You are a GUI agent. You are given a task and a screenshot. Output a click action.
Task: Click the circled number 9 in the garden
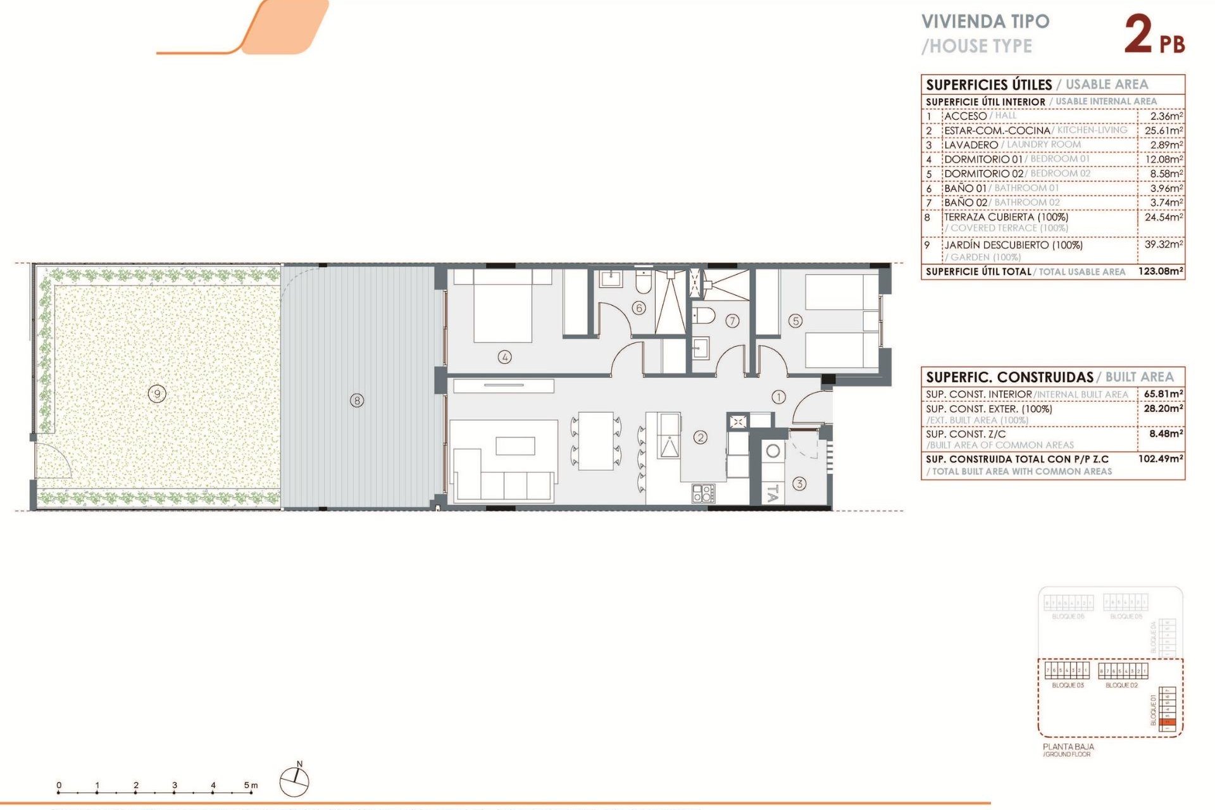(157, 394)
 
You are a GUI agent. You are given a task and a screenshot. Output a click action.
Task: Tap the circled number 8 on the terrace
(357, 401)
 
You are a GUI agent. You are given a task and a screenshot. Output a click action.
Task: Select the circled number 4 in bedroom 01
(504, 357)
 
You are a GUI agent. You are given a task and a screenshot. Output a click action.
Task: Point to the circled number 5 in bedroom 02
(795, 321)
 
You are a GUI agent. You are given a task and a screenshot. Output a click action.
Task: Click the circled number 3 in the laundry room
(799, 483)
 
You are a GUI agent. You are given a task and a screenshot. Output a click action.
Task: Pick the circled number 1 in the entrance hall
(778, 397)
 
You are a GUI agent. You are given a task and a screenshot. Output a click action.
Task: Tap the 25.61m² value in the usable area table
(1163, 130)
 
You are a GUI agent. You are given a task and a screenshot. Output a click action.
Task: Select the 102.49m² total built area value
(1160, 458)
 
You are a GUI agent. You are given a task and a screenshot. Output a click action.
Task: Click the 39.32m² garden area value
(1163, 244)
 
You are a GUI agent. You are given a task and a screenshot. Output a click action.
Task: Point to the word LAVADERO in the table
(971, 145)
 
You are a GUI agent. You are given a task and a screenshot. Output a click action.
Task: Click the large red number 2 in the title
(1138, 35)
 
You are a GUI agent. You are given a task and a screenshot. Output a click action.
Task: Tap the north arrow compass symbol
(295, 780)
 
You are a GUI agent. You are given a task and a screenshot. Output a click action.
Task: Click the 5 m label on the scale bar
(251, 785)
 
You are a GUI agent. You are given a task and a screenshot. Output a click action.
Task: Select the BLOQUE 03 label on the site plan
(1068, 685)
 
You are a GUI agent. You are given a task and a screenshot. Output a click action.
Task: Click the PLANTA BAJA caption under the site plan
(1068, 747)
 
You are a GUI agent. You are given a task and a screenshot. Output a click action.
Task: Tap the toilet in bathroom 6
(643, 283)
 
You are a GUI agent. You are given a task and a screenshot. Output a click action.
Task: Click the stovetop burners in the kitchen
(703, 493)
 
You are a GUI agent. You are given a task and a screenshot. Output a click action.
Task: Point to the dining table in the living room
(595, 440)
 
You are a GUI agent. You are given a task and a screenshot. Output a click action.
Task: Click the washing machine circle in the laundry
(773, 451)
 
